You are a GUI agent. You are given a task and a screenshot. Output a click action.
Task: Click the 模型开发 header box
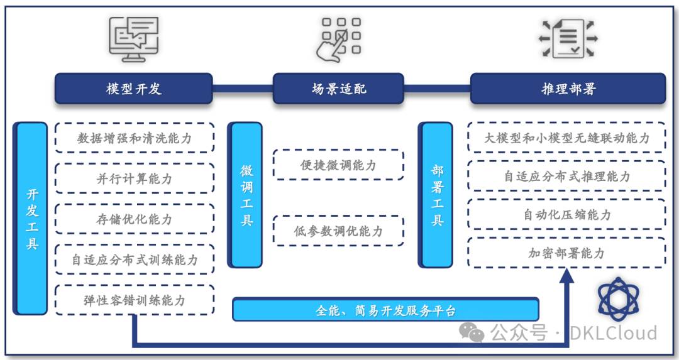(x=134, y=89)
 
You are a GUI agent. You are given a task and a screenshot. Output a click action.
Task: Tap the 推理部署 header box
(x=568, y=89)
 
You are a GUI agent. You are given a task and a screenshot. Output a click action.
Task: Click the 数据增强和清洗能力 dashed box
(x=135, y=138)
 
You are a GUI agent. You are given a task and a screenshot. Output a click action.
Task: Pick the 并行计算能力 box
(x=135, y=179)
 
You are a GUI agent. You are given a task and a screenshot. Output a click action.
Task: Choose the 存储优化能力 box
(x=135, y=219)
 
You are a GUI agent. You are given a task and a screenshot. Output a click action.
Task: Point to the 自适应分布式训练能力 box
(x=135, y=259)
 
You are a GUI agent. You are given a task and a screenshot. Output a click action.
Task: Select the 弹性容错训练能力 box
(x=135, y=300)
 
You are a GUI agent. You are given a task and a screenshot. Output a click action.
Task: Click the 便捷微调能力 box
(x=338, y=165)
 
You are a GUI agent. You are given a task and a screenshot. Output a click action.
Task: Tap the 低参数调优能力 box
(x=338, y=231)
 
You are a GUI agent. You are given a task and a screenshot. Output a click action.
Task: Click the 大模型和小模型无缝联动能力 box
(x=566, y=138)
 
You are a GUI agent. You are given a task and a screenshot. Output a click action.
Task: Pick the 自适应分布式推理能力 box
(x=566, y=176)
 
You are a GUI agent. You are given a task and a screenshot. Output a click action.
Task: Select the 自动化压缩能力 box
(x=566, y=214)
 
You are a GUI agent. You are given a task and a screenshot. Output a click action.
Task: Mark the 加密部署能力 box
(x=566, y=253)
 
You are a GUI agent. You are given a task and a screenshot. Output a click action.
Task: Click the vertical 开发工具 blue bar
(x=31, y=218)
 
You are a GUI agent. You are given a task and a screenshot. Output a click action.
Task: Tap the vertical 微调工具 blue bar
(x=247, y=195)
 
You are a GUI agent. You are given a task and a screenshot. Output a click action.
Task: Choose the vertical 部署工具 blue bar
(x=437, y=195)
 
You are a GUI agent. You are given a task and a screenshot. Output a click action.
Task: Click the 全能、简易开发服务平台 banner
(x=385, y=310)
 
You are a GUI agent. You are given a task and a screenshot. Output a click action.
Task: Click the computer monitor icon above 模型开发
(x=133, y=39)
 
